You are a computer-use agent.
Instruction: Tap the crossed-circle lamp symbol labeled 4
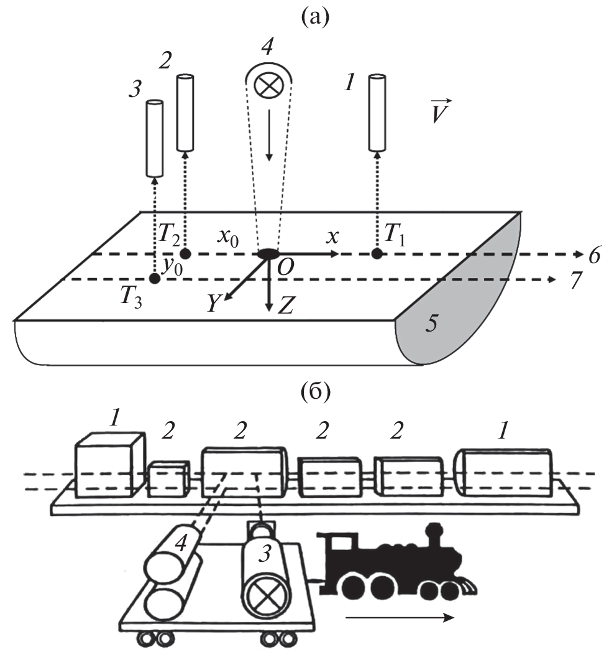click(x=269, y=85)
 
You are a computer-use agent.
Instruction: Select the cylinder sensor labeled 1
click(x=377, y=113)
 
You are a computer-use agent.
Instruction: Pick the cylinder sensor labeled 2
click(x=185, y=113)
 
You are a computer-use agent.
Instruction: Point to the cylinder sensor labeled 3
click(x=154, y=138)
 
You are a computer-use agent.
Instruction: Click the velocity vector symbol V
click(x=442, y=113)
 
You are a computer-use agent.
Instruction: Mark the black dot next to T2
click(x=185, y=254)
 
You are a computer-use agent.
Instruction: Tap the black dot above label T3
click(x=155, y=279)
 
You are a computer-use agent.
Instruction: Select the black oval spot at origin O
click(x=268, y=254)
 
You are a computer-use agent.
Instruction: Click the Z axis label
click(x=286, y=305)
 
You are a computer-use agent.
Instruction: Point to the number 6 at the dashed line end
click(x=593, y=256)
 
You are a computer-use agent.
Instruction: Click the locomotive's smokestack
click(x=433, y=534)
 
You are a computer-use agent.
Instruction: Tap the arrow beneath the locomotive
click(x=398, y=618)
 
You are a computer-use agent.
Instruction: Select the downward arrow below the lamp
click(x=268, y=146)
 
